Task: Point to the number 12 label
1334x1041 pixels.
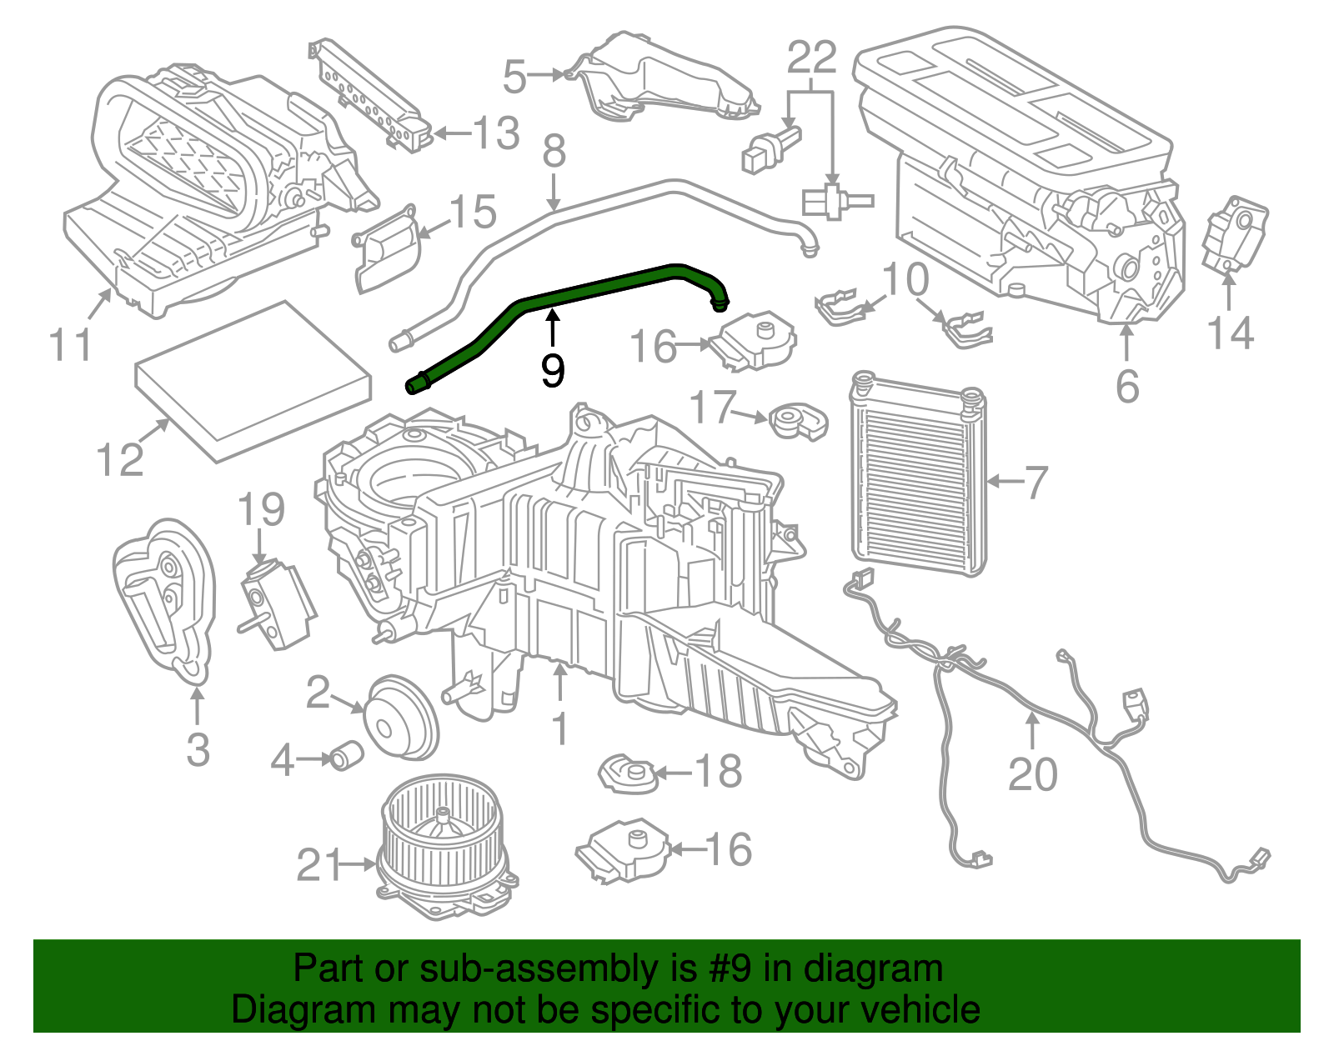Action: tap(120, 459)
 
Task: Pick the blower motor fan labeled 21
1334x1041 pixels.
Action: tap(447, 846)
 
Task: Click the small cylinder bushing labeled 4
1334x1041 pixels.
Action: tap(344, 756)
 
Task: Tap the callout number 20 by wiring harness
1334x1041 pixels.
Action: tap(1032, 774)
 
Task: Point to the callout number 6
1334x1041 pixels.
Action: tap(1127, 386)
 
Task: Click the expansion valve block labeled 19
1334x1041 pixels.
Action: tap(276, 603)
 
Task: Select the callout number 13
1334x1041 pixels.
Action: tap(496, 133)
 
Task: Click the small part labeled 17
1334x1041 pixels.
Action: tap(795, 421)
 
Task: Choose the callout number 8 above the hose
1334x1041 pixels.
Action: tap(554, 153)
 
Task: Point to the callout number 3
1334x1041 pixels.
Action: tap(198, 748)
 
